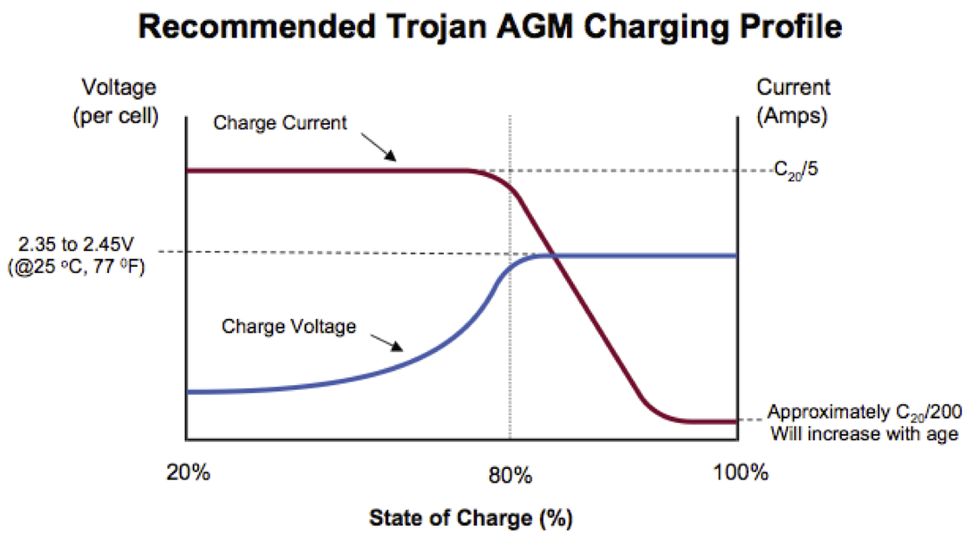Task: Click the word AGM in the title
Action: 523,28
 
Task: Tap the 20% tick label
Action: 188,474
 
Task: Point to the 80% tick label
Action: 510,474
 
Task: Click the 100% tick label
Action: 740,474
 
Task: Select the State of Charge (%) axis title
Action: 470,518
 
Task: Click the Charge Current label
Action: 280,123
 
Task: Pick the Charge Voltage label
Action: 289,327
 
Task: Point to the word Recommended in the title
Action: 249,28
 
